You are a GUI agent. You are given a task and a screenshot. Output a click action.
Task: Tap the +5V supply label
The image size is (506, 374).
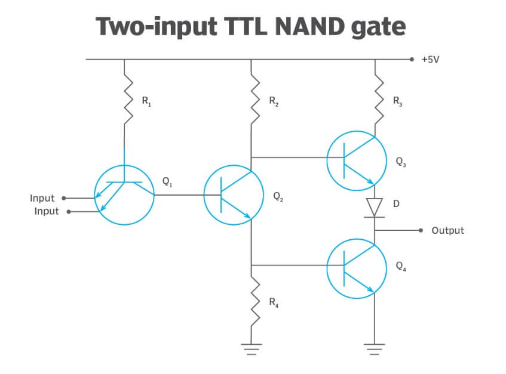pyautogui.click(x=430, y=60)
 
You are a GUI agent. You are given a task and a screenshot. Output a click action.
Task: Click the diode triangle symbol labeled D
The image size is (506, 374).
pyautogui.click(x=375, y=207)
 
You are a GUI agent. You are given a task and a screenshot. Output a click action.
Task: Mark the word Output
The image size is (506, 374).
pyautogui.click(x=447, y=230)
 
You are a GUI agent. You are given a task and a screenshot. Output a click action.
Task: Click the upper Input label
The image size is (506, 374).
pyautogui.click(x=42, y=197)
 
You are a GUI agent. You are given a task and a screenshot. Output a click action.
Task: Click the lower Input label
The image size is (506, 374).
pyautogui.click(x=47, y=211)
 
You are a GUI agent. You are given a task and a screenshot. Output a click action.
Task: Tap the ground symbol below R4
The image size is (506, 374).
pyautogui.click(x=252, y=350)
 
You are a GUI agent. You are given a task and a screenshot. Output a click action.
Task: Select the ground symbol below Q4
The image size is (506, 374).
pyautogui.click(x=375, y=350)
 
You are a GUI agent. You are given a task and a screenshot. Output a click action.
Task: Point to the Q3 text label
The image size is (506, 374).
pyautogui.click(x=400, y=161)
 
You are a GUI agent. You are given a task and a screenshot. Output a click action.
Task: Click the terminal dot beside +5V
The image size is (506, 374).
pyautogui.click(x=412, y=59)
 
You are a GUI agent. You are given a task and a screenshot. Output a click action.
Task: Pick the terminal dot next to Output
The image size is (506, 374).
pyautogui.click(x=421, y=230)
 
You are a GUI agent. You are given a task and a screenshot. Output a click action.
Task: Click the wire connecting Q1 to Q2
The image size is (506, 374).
pyautogui.click(x=179, y=194)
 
